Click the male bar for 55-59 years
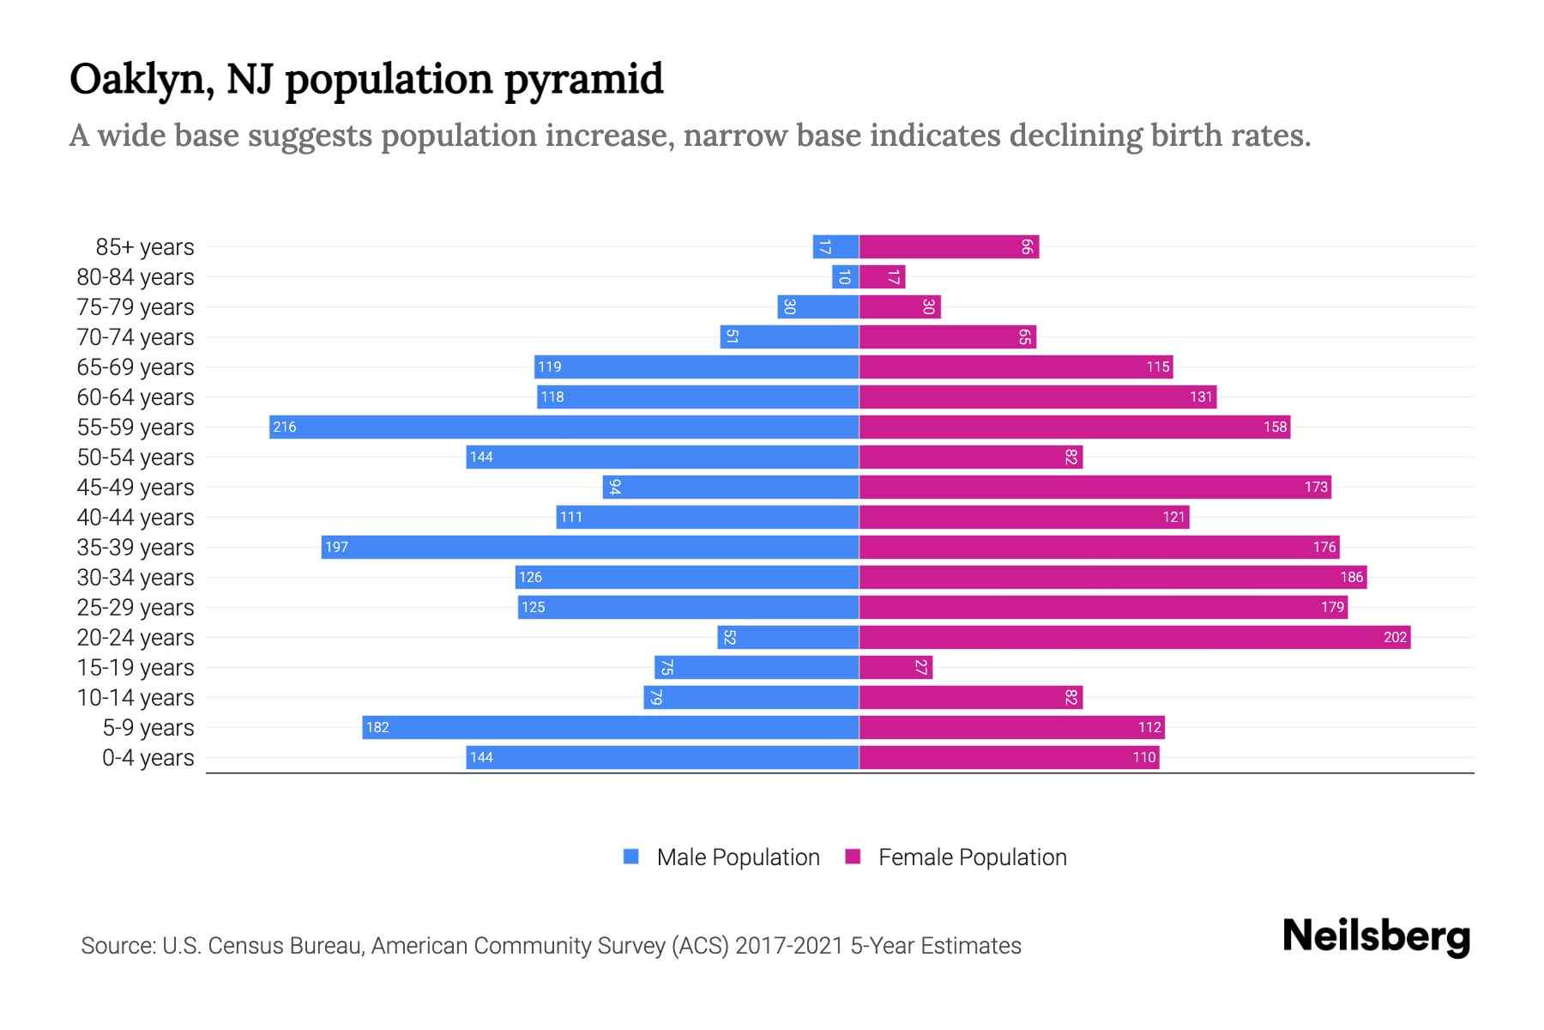coord(564,427)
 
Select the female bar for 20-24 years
coord(1134,637)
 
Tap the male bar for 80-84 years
coord(845,276)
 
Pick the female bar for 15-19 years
coord(896,667)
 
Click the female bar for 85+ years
coord(949,246)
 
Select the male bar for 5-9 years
coord(611,727)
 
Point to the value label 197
coord(336,547)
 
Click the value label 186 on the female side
coord(1351,577)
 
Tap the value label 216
coord(284,427)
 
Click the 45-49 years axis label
coord(136,487)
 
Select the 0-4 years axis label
coord(148,757)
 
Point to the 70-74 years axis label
coord(136,336)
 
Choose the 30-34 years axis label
coord(136,577)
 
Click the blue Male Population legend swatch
coord(631,857)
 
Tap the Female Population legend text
coord(972,857)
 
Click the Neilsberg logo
coord(1376,936)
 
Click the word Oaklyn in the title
coord(142,79)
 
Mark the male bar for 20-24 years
coord(788,637)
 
